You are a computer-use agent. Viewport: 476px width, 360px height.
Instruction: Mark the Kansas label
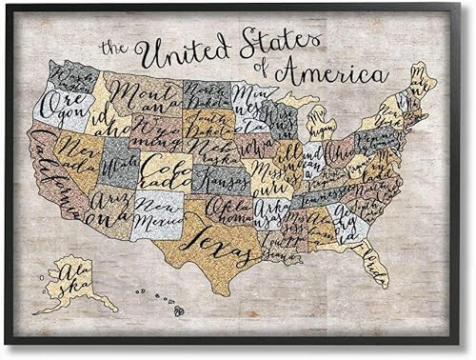coord(221,178)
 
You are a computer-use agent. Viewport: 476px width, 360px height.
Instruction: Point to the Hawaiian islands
coord(168,301)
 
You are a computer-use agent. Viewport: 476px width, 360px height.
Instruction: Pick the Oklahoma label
coord(223,209)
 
